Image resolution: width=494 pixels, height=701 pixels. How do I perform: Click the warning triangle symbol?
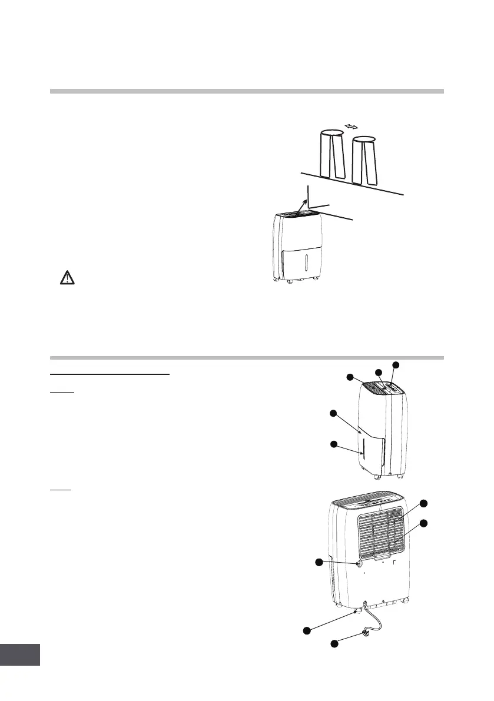pos(68,278)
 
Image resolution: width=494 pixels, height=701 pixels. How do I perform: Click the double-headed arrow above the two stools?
pos(352,127)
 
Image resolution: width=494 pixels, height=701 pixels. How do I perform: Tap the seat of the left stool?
pos(331,135)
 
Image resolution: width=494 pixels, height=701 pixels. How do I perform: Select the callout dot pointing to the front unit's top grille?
pos(351,377)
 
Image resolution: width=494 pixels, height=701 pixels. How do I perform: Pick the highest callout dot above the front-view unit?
pos(396,365)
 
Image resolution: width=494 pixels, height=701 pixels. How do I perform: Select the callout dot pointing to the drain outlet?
pos(320,563)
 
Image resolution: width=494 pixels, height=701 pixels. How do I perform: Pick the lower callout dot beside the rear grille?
pos(423,523)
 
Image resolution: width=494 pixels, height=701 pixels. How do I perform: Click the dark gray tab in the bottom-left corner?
pos(20,654)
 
